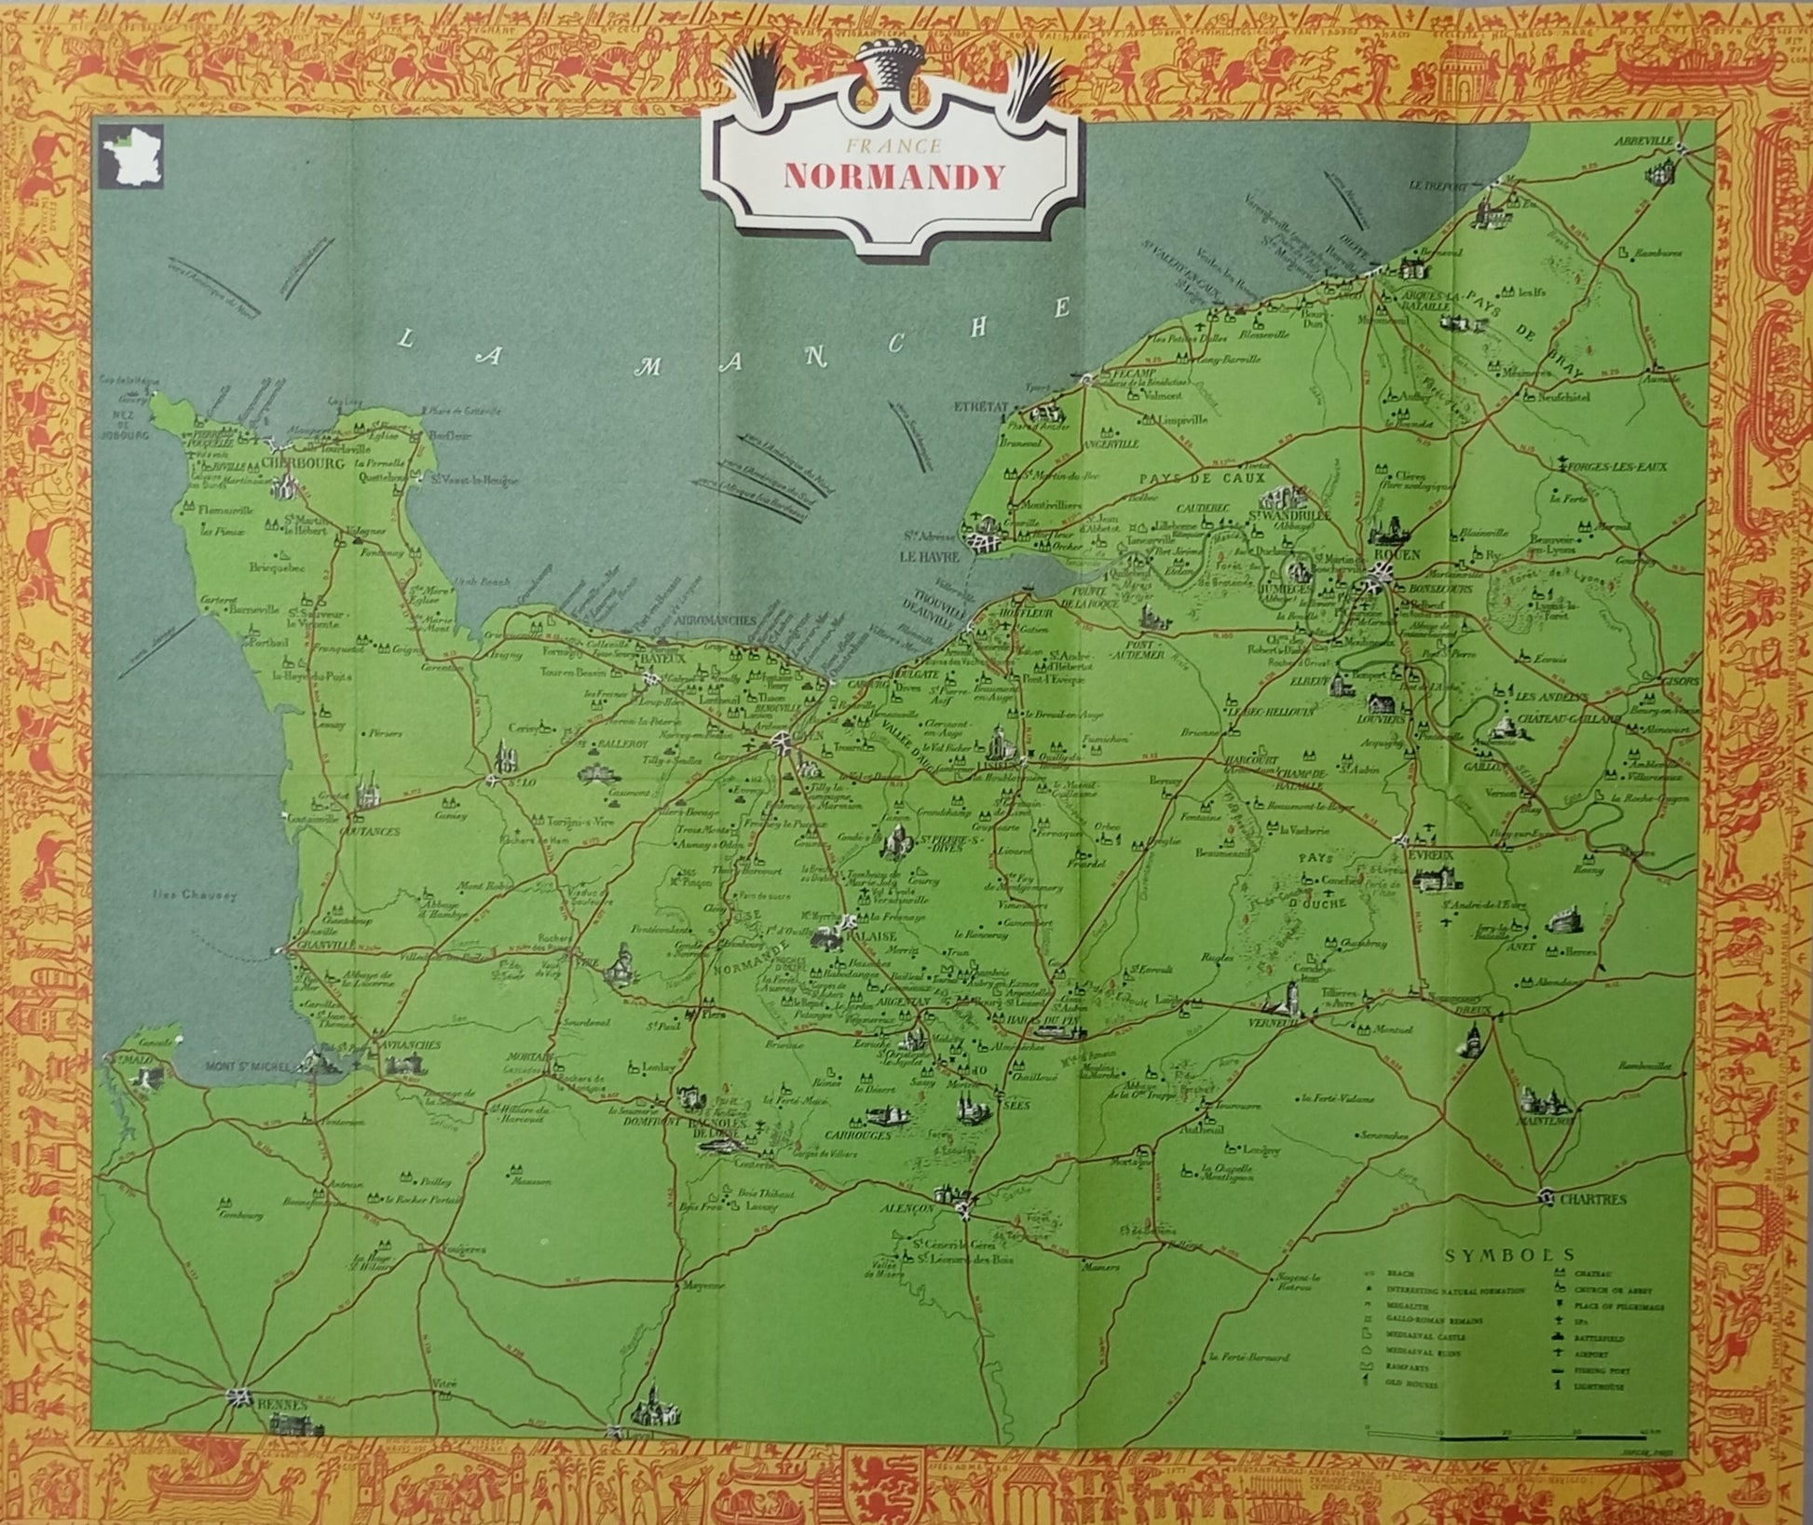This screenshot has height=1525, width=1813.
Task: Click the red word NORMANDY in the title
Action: click(894, 177)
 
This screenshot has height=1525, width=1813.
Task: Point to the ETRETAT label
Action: click(981, 407)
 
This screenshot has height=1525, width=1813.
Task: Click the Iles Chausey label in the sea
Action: click(195, 895)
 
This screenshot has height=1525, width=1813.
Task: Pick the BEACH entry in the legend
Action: click(1400, 1273)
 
